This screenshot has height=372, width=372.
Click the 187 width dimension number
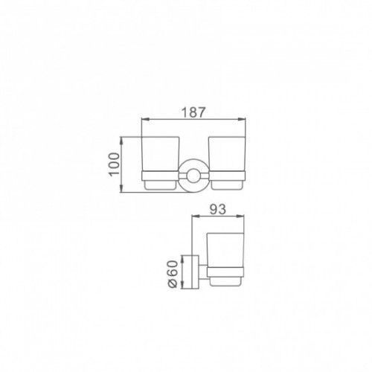point(193,112)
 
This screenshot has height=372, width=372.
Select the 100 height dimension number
point(114,164)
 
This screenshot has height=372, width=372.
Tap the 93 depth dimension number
point(218,209)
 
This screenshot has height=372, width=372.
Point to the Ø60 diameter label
point(173,274)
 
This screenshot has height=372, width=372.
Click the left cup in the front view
point(160,163)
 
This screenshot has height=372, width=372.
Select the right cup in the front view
point(228,163)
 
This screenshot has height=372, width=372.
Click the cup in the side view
point(225,260)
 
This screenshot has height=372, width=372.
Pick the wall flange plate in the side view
point(195,272)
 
